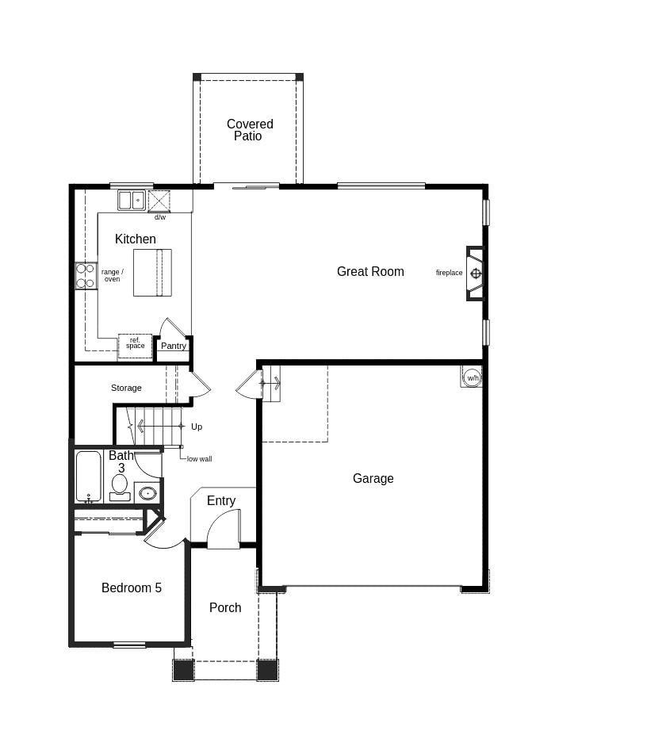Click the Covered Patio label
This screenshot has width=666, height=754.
click(x=250, y=130)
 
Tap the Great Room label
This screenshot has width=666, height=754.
click(x=370, y=272)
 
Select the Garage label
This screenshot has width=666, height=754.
click(x=373, y=478)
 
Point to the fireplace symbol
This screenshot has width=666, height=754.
click(x=475, y=274)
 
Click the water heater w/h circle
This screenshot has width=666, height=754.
click(x=473, y=377)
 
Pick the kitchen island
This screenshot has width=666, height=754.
click(x=152, y=273)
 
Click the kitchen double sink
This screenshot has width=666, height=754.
click(x=132, y=200)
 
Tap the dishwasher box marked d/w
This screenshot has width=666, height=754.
click(x=159, y=201)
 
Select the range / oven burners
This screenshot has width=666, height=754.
click(x=86, y=276)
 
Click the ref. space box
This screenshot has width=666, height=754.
click(x=135, y=346)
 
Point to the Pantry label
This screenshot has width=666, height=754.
click(x=174, y=346)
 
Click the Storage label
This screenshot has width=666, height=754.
click(x=126, y=388)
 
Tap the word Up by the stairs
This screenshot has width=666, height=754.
click(x=197, y=427)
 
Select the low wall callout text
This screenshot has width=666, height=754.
click(x=199, y=459)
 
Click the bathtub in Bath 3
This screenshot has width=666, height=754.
click(x=89, y=477)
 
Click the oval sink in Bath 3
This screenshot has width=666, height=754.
click(x=147, y=493)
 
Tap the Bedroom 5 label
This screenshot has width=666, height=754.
click(x=132, y=588)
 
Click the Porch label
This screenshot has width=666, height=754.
click(x=225, y=608)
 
